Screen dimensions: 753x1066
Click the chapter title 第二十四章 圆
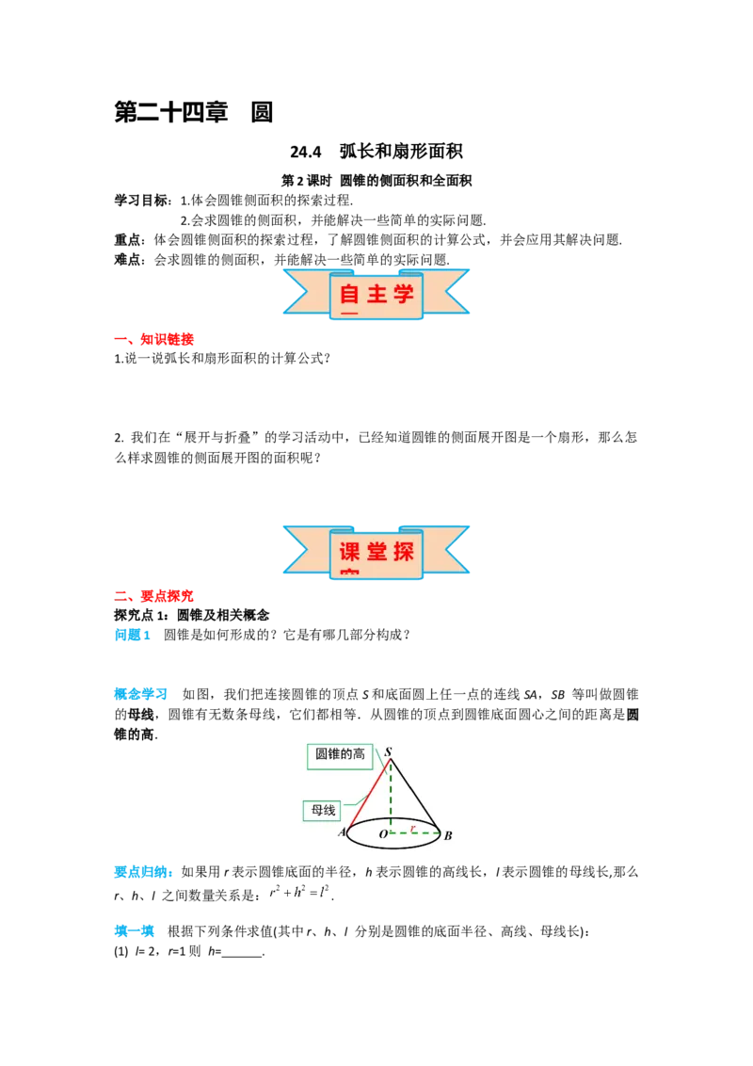pos(194,112)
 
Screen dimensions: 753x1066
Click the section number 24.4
pos(305,153)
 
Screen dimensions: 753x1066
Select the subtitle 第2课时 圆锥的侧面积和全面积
pos(376,181)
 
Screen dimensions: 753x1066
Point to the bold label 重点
pos(127,240)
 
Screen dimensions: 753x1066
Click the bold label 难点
pos(127,260)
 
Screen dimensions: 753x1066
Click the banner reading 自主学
pos(376,295)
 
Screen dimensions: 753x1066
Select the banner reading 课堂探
pos(376,551)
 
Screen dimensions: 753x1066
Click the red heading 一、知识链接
pos(154,339)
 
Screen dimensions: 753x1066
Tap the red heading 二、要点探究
pos(154,596)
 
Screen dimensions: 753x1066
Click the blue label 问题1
pos(133,635)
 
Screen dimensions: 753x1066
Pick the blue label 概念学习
pos(140,694)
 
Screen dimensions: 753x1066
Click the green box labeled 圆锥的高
pos(340,756)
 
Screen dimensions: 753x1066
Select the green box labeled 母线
pos(324,811)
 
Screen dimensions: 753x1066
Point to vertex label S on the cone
pos(389,751)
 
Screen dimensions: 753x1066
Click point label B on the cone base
pos(448,835)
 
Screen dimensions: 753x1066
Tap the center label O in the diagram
pos(383,834)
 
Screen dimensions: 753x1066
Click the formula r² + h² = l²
pos(299,892)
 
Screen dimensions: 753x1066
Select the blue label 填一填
pos(135,931)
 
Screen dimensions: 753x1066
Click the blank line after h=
pos(243,955)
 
